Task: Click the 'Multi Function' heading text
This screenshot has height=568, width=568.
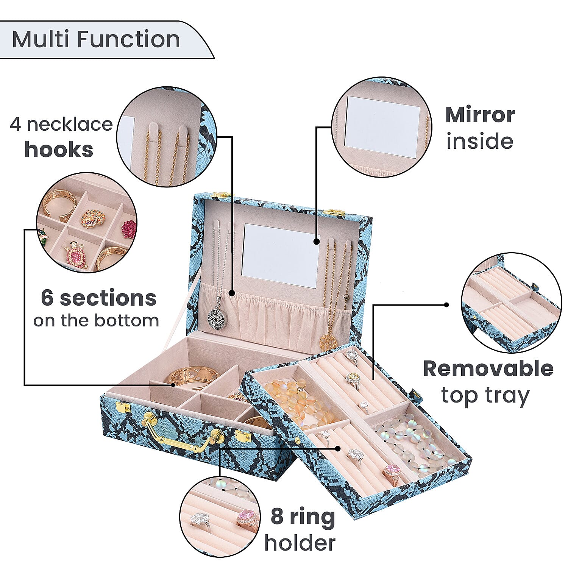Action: (x=96, y=39)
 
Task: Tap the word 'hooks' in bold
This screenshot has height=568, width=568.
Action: (x=59, y=150)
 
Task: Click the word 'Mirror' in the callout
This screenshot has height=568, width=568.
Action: (x=480, y=115)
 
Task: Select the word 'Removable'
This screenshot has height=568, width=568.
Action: (x=488, y=368)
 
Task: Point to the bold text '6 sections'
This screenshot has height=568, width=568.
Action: (x=98, y=298)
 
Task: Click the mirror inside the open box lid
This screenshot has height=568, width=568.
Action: (x=281, y=255)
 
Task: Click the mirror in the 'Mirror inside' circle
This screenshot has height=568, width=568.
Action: (x=383, y=126)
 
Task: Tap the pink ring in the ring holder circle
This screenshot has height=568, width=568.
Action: (x=247, y=518)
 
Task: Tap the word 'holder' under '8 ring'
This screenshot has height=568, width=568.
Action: (x=300, y=543)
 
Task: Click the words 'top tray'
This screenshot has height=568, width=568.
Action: (x=485, y=396)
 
